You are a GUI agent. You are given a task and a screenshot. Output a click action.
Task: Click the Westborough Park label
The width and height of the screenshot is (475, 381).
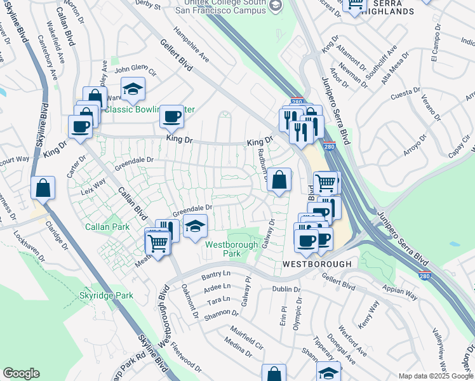tap(231, 248)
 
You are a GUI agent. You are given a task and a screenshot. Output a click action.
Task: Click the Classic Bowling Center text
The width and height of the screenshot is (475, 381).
tap(150, 109)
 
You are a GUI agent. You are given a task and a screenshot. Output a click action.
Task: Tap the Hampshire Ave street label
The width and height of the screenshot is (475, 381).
tap(191, 46)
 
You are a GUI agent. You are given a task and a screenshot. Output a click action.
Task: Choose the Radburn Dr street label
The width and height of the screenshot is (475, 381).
tap(262, 164)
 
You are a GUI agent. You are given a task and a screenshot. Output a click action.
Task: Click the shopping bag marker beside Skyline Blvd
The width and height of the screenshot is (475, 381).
tap(43, 187)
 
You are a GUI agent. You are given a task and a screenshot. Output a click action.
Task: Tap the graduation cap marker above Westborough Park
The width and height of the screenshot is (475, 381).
tap(195, 225)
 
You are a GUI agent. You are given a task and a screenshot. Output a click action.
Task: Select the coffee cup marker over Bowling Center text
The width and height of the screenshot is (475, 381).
tap(171, 116)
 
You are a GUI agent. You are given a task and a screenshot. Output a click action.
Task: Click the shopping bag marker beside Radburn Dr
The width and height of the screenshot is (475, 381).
tap(279, 180)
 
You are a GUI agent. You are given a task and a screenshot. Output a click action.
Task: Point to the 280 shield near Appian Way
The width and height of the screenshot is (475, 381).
tap(422, 276)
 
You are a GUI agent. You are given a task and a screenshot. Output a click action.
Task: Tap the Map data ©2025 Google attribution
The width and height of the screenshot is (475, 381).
tap(435, 376)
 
